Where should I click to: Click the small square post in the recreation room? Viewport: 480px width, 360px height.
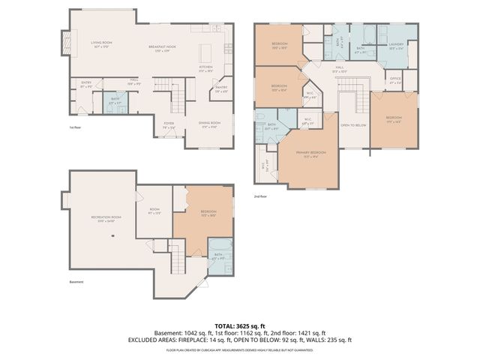tap(112, 235)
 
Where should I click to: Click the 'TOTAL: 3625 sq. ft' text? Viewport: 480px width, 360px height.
tap(240, 326)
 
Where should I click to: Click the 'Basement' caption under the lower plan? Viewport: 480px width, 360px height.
tap(76, 282)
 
